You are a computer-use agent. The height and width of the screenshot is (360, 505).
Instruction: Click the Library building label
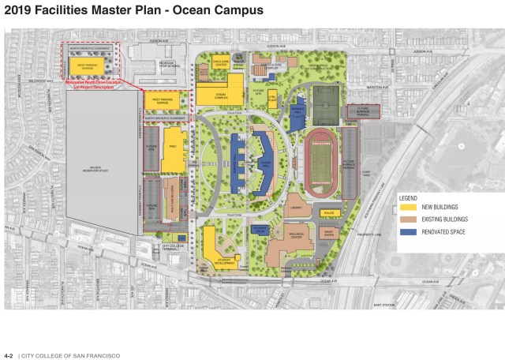pos(296,208)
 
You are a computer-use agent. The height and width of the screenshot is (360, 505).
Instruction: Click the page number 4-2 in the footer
pos(9,355)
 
